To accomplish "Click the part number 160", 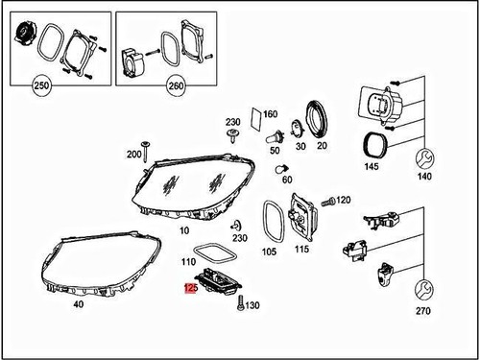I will [x=270, y=114].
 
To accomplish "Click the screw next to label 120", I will [x=324, y=202].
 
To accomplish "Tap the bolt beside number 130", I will [x=237, y=305].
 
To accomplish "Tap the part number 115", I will [x=302, y=251].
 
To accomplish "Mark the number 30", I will [x=300, y=148].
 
